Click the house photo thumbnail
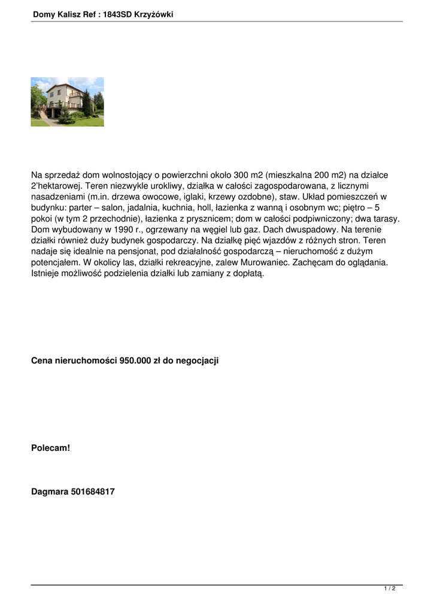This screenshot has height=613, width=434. pos(67,102)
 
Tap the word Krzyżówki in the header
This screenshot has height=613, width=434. pos(155,14)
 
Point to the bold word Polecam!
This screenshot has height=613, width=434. pos(50,447)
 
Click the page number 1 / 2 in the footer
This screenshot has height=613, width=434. pos(390,589)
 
